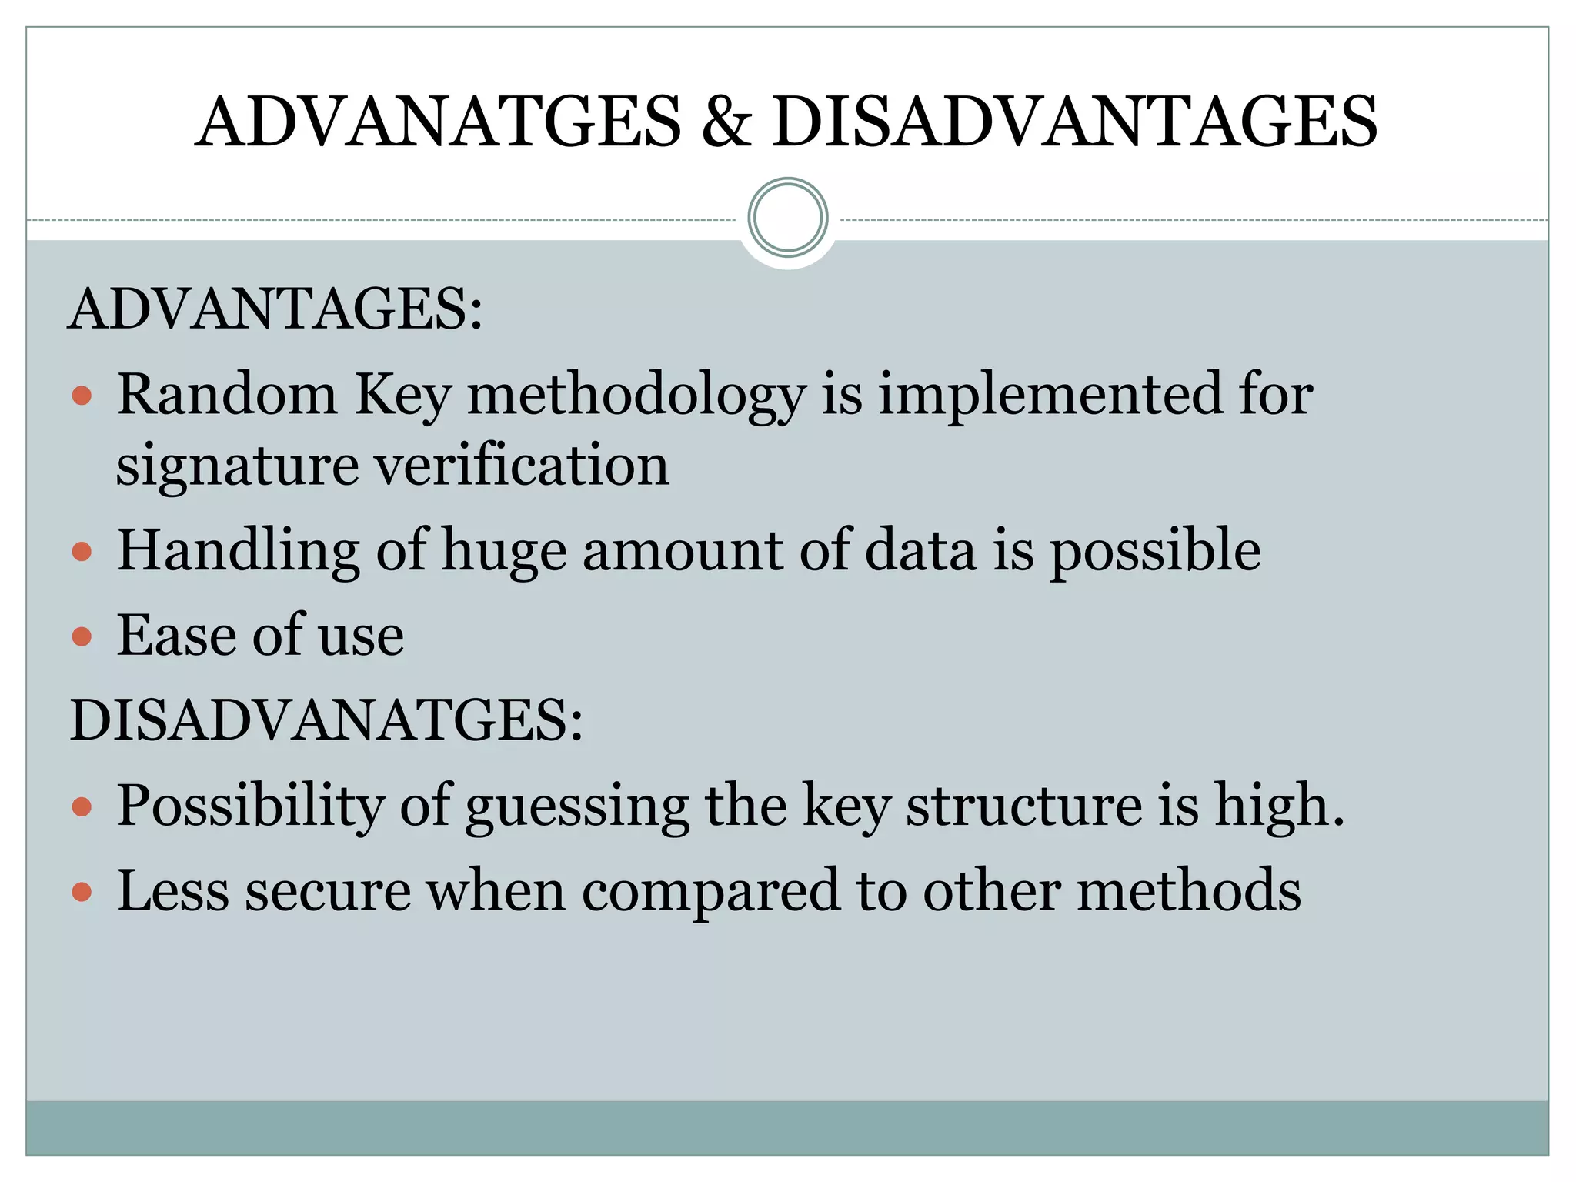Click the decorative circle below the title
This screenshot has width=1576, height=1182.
tap(787, 218)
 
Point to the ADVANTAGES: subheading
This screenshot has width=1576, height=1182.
tap(275, 309)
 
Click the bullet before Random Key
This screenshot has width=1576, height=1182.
tap(82, 396)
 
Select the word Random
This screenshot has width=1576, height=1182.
tap(226, 394)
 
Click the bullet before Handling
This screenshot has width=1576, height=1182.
tap(82, 552)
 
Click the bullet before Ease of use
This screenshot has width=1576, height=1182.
tap(82, 636)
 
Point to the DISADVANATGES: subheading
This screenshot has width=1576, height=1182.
tap(326, 720)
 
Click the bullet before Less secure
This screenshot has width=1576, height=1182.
tap(82, 892)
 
